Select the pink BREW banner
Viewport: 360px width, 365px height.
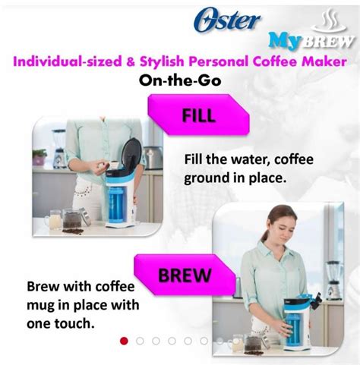[x=182, y=272]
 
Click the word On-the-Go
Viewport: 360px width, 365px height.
[x=179, y=80]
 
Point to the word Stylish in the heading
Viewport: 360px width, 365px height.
[x=160, y=61]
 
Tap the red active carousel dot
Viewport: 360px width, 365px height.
[x=125, y=341]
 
